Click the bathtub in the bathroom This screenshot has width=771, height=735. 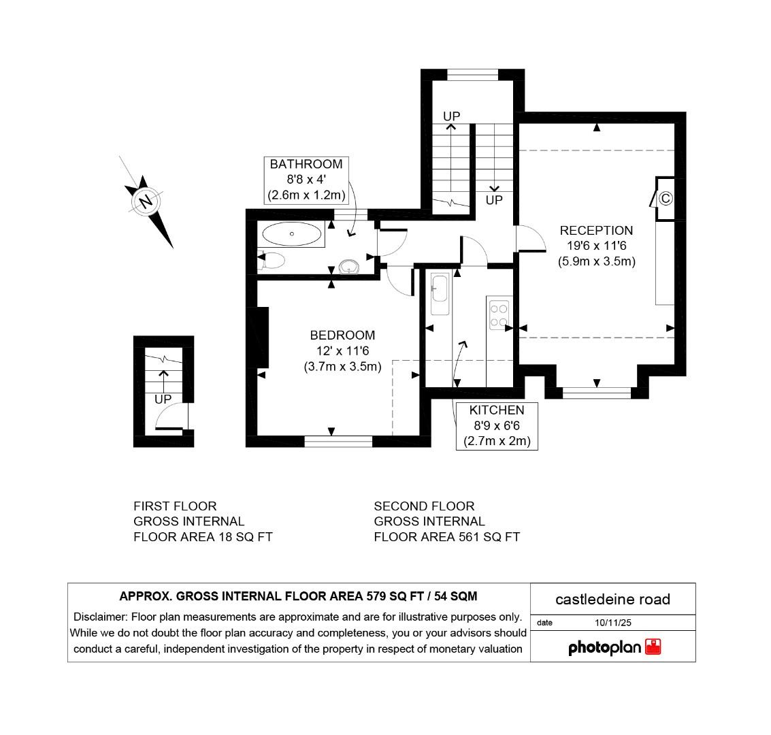[x=291, y=235]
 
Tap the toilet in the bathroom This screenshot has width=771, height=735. [x=272, y=260]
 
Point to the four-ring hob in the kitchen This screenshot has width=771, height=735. [x=499, y=314]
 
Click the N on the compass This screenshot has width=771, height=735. [x=145, y=202]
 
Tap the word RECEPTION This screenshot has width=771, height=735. [x=596, y=231]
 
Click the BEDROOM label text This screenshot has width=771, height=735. [x=342, y=336]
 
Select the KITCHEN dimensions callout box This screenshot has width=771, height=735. [x=497, y=425]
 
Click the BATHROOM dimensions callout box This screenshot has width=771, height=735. [x=306, y=180]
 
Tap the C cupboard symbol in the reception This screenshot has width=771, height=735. [x=666, y=199]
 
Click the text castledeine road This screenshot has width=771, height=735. [x=612, y=599]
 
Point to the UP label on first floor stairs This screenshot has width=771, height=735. [x=162, y=399]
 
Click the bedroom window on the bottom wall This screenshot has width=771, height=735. [x=338, y=442]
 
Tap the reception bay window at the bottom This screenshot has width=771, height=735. [x=596, y=392]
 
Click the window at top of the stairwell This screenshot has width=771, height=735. [x=473, y=74]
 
